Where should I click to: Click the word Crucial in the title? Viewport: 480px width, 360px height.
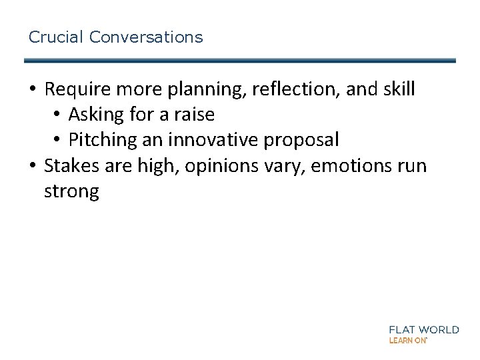[x=56, y=37]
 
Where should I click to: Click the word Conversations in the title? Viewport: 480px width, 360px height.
[x=145, y=37]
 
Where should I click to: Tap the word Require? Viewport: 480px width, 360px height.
[x=77, y=89]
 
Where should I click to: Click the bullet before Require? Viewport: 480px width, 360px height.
[x=33, y=90]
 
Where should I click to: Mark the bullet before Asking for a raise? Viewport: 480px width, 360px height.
[x=57, y=115]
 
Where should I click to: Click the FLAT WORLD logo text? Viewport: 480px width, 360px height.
[x=423, y=329]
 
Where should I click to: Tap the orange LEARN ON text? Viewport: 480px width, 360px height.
[x=407, y=340]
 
